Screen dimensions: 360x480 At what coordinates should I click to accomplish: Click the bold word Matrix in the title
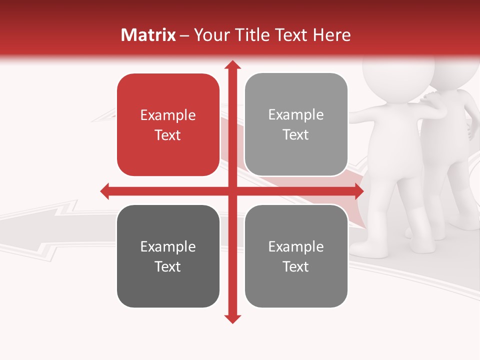click(148, 35)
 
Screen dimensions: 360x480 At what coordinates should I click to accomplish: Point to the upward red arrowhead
click(232, 65)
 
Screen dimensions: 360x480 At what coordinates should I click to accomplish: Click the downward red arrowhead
click(232, 319)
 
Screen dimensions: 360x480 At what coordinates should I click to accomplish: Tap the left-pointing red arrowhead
click(105, 191)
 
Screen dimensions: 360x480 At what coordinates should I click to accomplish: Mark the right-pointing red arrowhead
click(358, 191)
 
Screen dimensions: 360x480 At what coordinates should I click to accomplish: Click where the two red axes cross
click(232, 191)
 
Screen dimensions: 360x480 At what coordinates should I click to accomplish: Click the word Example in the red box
click(168, 115)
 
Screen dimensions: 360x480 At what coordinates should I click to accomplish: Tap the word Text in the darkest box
click(168, 266)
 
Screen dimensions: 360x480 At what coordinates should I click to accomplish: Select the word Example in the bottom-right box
click(296, 246)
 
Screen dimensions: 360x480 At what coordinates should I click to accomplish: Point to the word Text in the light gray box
click(296, 135)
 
